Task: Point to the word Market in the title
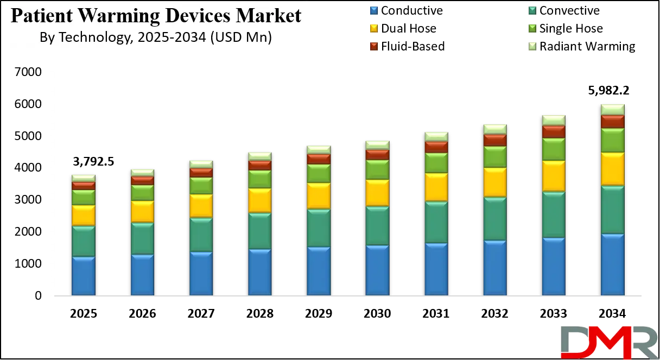point(269,16)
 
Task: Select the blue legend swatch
point(373,10)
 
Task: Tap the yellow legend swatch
point(373,28)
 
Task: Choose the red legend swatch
point(373,46)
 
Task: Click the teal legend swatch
point(532,10)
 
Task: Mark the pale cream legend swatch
point(532,46)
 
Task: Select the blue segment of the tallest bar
point(612,265)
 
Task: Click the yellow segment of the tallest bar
point(612,169)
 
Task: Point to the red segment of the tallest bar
point(612,121)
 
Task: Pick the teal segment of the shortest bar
point(83,241)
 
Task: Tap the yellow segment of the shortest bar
point(83,216)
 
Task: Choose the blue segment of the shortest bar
point(83,276)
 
